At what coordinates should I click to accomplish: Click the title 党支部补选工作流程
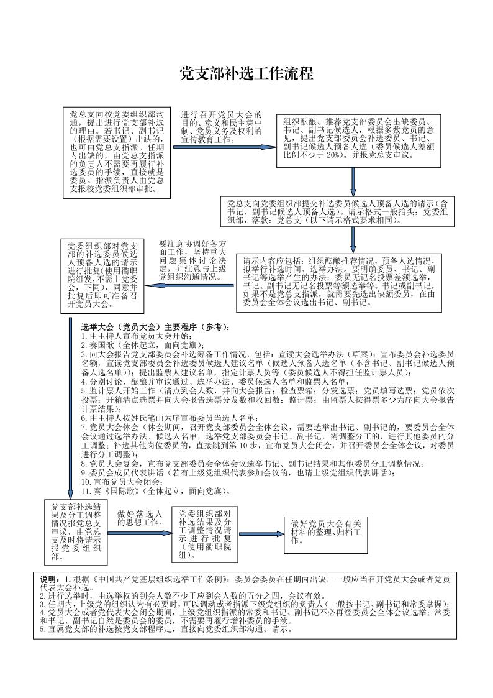[x=246, y=74]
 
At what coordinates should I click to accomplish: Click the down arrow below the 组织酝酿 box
[x=353, y=181]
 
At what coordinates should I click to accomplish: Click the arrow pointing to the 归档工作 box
[x=261, y=533]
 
